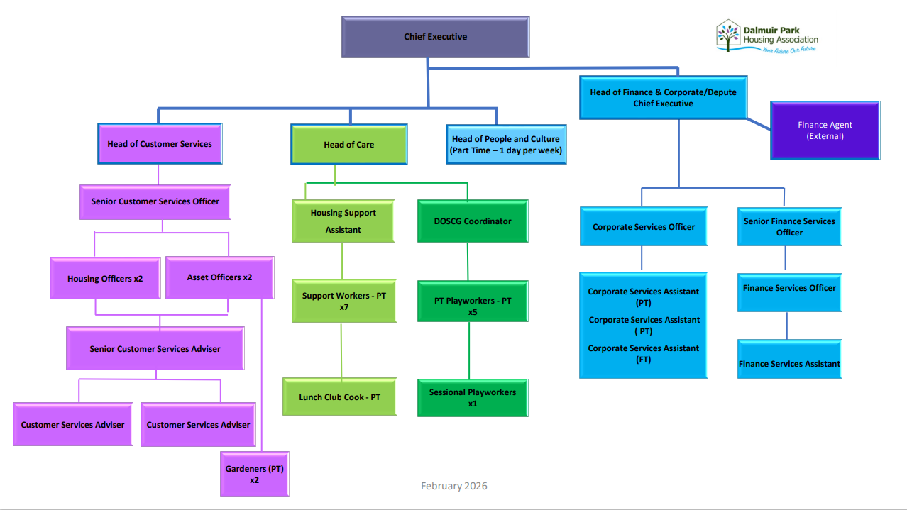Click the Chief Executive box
pyautogui.click(x=435, y=37)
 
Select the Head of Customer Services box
pyautogui.click(x=160, y=144)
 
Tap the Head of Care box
pyautogui.click(x=348, y=145)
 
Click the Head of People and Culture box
pyautogui.click(x=505, y=145)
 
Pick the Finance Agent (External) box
pyautogui.click(x=825, y=131)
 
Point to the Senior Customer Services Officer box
pyautogui.click(x=155, y=201)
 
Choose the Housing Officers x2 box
pyautogui.click(x=105, y=279)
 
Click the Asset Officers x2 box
pyautogui.click(x=219, y=277)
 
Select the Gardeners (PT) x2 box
pyautogui.click(x=254, y=474)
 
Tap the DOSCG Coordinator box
pyautogui.click(x=472, y=221)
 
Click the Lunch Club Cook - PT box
pyautogui.click(x=339, y=397)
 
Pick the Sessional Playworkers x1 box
pyautogui.click(x=472, y=397)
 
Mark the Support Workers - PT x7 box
pyautogui.click(x=344, y=301)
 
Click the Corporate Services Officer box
pyautogui.click(x=643, y=227)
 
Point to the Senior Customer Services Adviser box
pyautogui.click(x=155, y=349)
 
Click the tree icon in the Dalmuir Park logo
pyautogui.click(x=727, y=35)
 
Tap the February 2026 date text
pyautogui.click(x=453, y=486)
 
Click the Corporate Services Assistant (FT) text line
pyautogui.click(x=643, y=354)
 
